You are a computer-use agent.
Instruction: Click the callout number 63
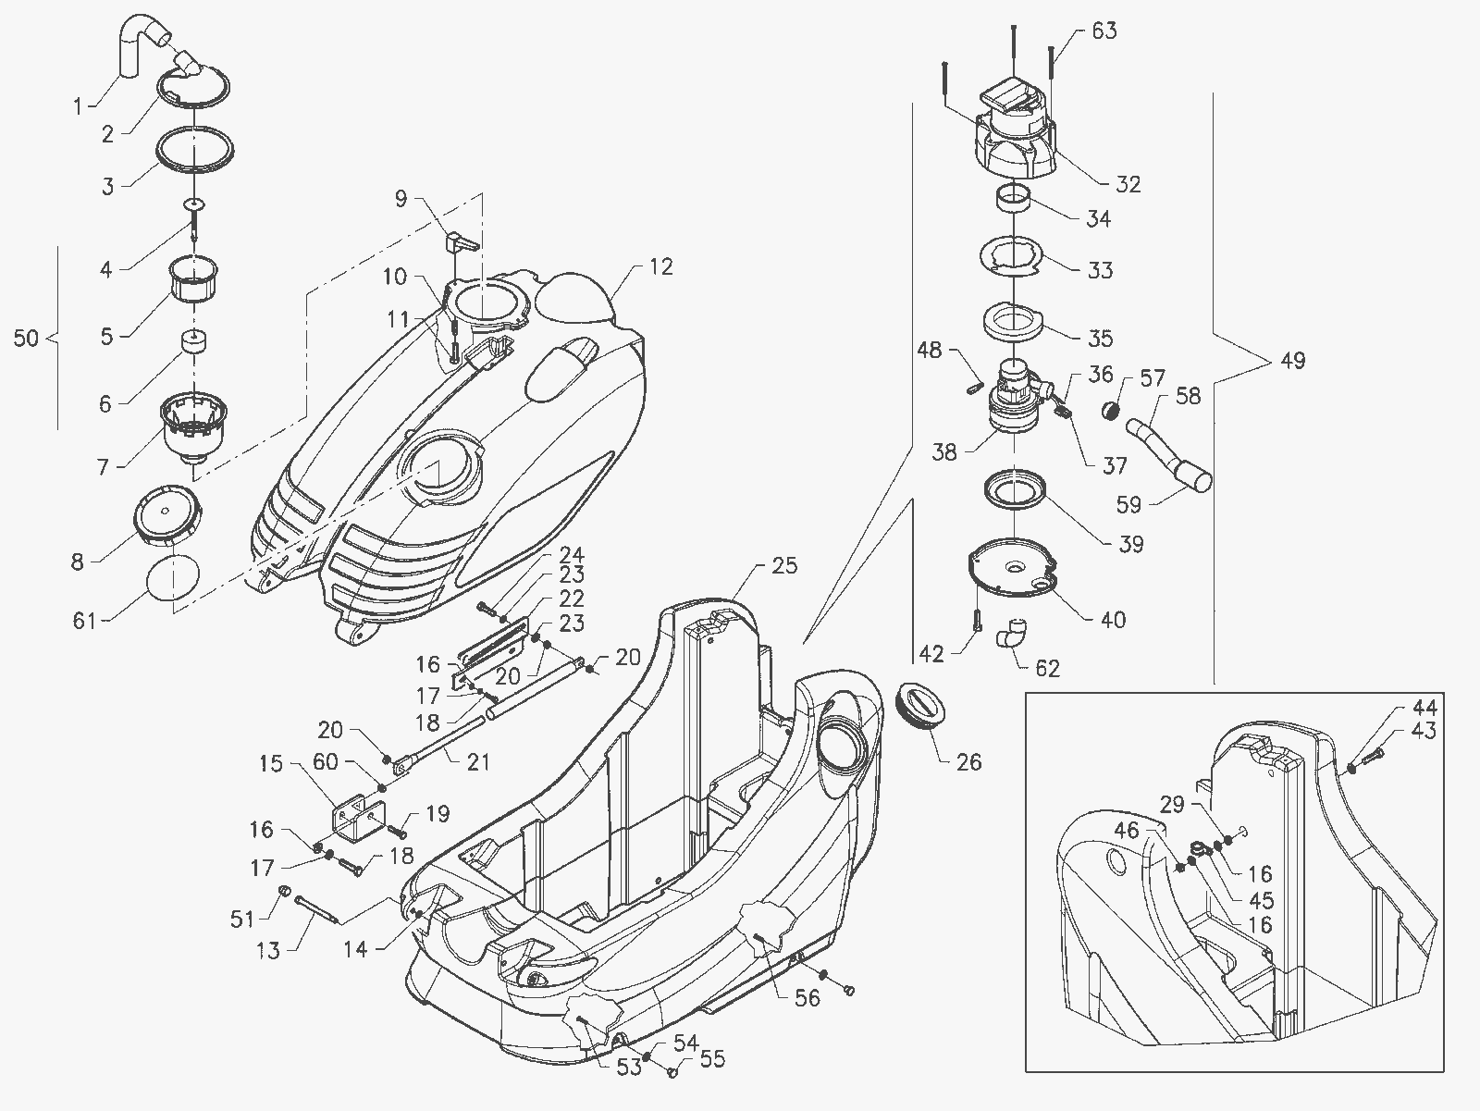pos(1104,31)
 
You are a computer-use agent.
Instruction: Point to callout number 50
pos(26,338)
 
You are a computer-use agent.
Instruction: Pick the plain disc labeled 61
pos(173,578)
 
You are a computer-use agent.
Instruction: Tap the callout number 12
pos(660,267)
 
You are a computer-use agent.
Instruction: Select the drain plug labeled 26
pos(923,705)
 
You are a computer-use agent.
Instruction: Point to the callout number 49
pos(1292,361)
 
